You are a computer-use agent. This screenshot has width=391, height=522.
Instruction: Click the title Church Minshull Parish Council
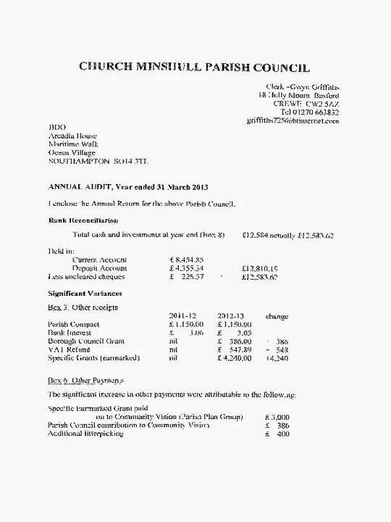pos(194,68)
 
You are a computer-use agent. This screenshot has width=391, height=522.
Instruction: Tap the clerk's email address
pos(293,121)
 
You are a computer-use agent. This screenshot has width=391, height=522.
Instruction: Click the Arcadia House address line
pos(72,136)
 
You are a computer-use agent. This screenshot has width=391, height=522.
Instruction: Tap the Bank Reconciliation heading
pos(83,220)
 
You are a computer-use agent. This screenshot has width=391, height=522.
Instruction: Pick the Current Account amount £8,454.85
pos(187,259)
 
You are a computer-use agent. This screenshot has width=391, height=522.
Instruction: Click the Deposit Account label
pos(100,268)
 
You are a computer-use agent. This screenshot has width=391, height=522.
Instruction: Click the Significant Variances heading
pos(85,294)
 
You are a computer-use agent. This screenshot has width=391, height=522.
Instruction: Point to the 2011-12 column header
pos(182,316)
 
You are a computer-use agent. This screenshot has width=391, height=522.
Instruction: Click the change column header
pos(277,316)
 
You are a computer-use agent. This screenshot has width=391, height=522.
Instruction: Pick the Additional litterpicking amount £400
pos(277,434)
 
